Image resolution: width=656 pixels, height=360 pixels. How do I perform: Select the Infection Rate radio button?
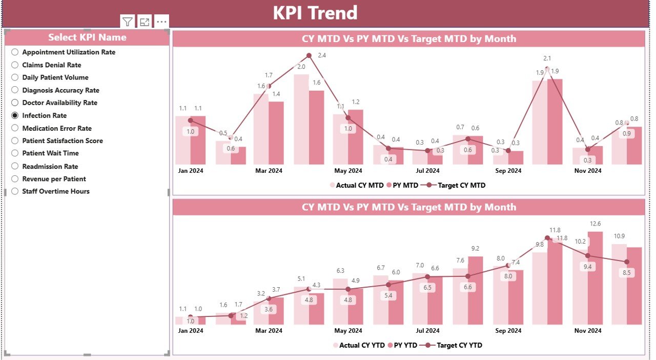(15, 115)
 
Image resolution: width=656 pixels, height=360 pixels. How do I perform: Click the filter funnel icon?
(127, 22)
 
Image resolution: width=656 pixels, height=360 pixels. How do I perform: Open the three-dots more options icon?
(161, 22)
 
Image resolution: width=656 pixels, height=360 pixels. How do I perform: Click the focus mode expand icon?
(145, 22)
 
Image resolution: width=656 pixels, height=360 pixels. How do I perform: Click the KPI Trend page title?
(315, 13)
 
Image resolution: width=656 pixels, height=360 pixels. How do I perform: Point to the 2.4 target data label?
(322, 55)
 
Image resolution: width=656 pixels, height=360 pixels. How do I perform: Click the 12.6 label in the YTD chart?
(595, 224)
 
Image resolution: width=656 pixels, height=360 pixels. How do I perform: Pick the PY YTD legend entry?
(404, 345)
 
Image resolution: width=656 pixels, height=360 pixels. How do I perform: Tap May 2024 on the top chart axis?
(348, 171)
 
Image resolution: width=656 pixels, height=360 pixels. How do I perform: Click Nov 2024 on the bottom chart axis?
(587, 331)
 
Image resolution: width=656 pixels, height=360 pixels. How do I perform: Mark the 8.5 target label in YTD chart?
(626, 273)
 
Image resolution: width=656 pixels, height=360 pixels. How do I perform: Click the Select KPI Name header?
(87, 37)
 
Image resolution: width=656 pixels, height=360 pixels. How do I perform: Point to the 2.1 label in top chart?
(547, 58)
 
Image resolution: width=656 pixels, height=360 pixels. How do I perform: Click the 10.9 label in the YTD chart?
(619, 236)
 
